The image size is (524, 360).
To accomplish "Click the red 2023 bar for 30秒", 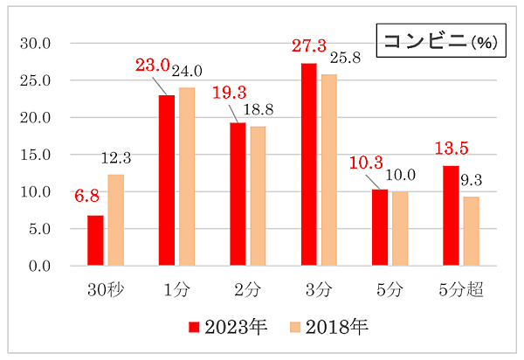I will pyautogui.click(x=95, y=240).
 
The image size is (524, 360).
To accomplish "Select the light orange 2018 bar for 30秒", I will pyautogui.click(x=115, y=220).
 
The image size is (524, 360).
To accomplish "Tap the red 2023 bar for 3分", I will pyautogui.click(x=309, y=164).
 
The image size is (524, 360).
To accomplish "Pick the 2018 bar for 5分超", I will pyautogui.click(x=471, y=231).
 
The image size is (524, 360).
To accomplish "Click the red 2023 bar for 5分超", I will pyautogui.click(x=451, y=216).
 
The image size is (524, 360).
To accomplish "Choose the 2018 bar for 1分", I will pyautogui.click(x=187, y=177).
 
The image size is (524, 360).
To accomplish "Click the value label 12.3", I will pyautogui.click(x=115, y=158).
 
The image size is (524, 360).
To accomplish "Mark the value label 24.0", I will pyautogui.click(x=187, y=72).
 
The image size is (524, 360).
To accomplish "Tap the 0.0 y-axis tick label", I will pyautogui.click(x=40, y=266).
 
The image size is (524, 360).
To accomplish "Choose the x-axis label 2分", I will pyautogui.click(x=247, y=287).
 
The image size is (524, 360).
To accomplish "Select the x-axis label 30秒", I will pyautogui.click(x=105, y=287).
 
